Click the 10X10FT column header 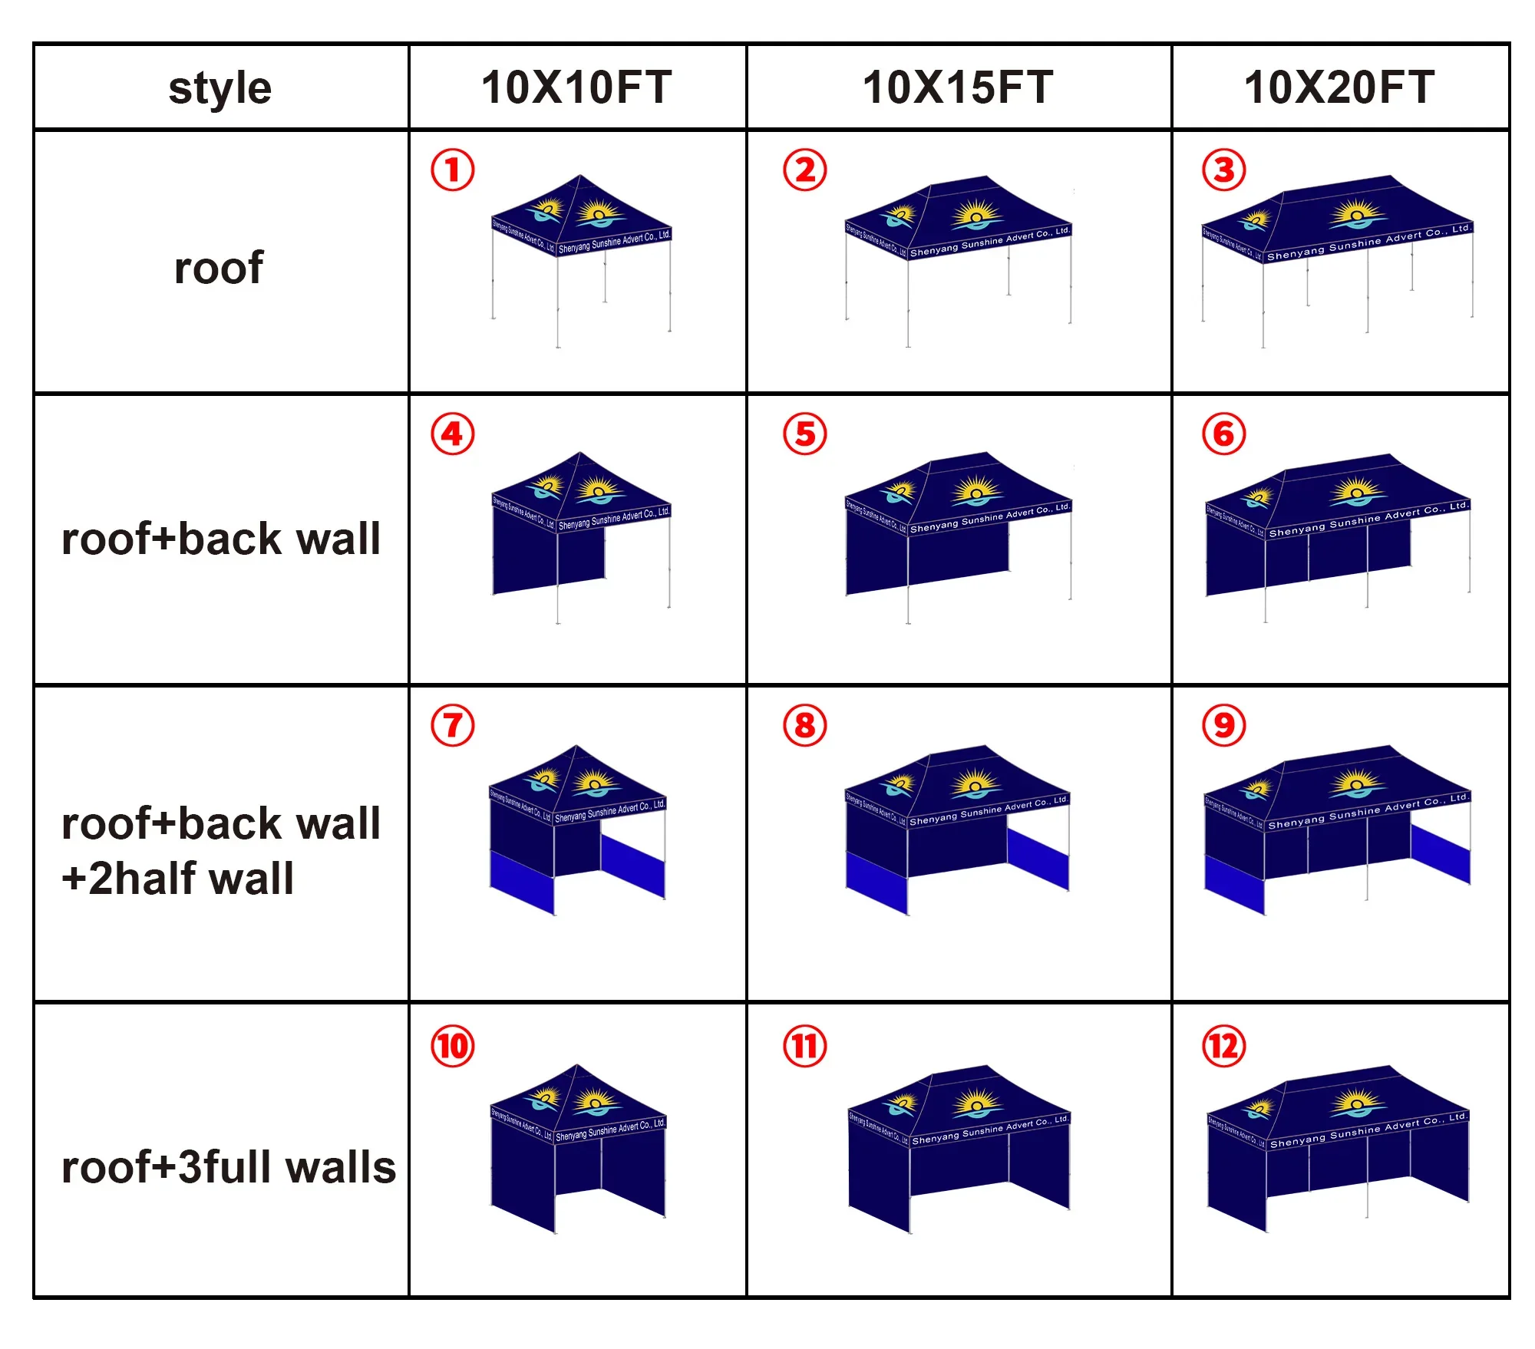pyautogui.click(x=576, y=87)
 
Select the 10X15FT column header pyautogui.click(x=958, y=87)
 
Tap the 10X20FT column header pyautogui.click(x=1339, y=87)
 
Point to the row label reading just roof pyautogui.click(x=219, y=268)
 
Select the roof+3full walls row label pyautogui.click(x=228, y=1167)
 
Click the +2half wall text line pyautogui.click(x=178, y=879)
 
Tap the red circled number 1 pyautogui.click(x=452, y=170)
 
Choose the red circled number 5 pyautogui.click(x=804, y=434)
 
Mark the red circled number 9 pyautogui.click(x=1223, y=726)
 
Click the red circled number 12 pyautogui.click(x=1223, y=1047)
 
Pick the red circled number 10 pyautogui.click(x=452, y=1047)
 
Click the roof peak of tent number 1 pyautogui.click(x=580, y=177)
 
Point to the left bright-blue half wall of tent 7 pyautogui.click(x=522, y=882)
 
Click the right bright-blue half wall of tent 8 pyautogui.click(x=1038, y=859)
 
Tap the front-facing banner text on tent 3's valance pyautogui.click(x=1368, y=242)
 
